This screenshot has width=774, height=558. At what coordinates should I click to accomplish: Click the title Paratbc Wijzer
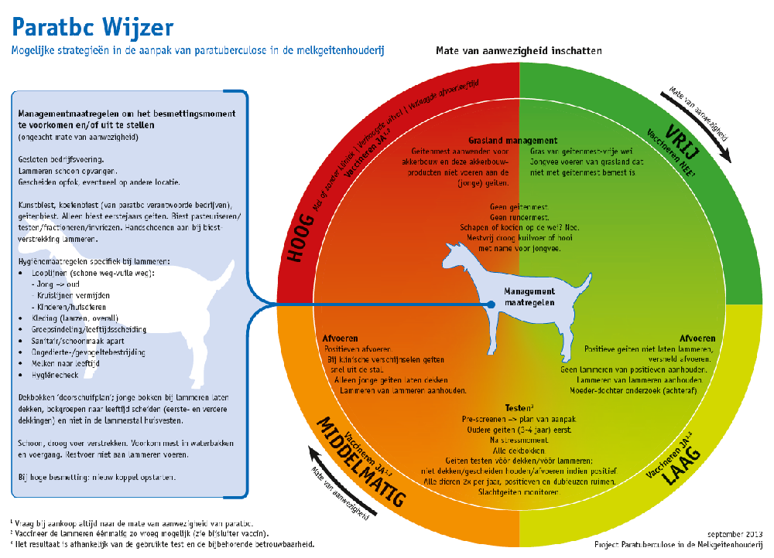[92, 28]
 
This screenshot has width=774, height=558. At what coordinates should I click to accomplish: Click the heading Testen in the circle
[519, 407]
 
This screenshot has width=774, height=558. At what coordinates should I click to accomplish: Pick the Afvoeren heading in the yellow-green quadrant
[697, 338]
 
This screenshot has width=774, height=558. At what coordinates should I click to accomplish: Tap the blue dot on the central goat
[490, 305]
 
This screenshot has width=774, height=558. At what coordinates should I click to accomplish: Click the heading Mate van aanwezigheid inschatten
[519, 51]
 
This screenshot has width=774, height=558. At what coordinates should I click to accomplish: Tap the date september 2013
[735, 533]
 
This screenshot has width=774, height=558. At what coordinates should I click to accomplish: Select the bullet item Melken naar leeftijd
[60, 362]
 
